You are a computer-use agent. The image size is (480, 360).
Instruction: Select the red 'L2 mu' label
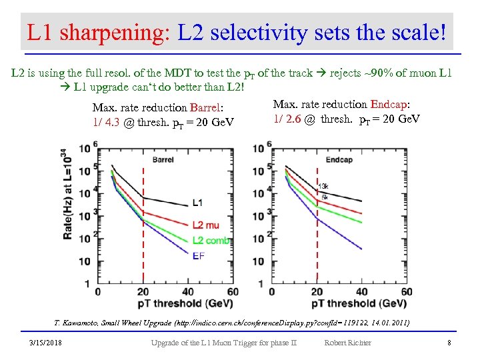[205, 225]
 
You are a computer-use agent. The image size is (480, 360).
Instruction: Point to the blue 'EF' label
[199, 255]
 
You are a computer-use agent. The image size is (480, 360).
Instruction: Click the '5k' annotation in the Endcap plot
[323, 197]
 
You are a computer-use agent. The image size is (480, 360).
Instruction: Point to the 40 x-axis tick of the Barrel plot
[189, 291]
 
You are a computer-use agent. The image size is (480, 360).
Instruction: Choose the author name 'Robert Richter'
[347, 343]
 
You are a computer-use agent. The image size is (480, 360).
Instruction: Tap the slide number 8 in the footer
[449, 343]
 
